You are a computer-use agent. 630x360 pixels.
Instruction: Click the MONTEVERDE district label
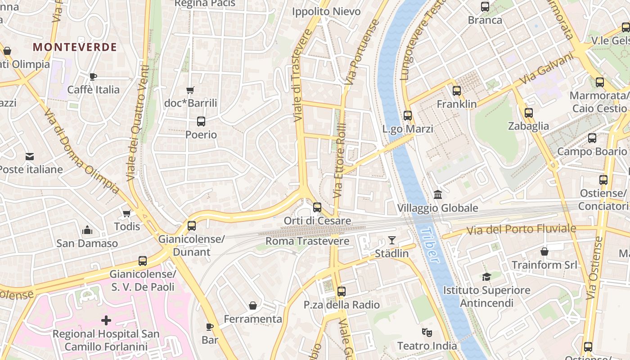pos(75,47)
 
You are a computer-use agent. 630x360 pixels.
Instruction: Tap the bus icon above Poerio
pos(201,121)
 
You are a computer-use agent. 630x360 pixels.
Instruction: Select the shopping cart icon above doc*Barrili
pos(190,90)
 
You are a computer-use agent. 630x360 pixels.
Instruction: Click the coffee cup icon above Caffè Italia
pos(93,77)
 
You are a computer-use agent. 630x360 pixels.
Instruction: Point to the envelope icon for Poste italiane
pos(30,157)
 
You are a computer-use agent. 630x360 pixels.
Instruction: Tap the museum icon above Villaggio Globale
pos(437,195)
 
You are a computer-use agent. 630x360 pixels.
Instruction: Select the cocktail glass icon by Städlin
pos(392,240)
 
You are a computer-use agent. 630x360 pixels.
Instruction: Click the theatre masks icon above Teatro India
pos(427,333)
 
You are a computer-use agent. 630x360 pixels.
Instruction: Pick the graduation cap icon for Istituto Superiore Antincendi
pos(486,277)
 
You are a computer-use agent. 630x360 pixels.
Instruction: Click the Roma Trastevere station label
pos(307,241)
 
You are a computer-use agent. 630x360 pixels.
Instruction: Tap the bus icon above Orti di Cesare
pos(317,207)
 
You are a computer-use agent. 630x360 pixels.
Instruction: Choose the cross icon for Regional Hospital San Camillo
pos(106,320)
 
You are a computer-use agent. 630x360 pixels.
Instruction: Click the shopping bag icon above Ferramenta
pos(253,306)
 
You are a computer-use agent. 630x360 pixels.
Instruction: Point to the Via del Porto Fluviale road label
pos(521,229)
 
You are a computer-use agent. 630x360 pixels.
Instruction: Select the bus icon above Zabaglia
pos(529,113)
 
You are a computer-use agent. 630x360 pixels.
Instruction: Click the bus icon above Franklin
pos(457,91)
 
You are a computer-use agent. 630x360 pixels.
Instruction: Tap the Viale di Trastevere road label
pos(300,76)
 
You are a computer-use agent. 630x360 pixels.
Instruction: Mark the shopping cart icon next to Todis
pos(127,213)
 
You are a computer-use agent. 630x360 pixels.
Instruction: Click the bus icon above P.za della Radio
pos(342,292)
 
